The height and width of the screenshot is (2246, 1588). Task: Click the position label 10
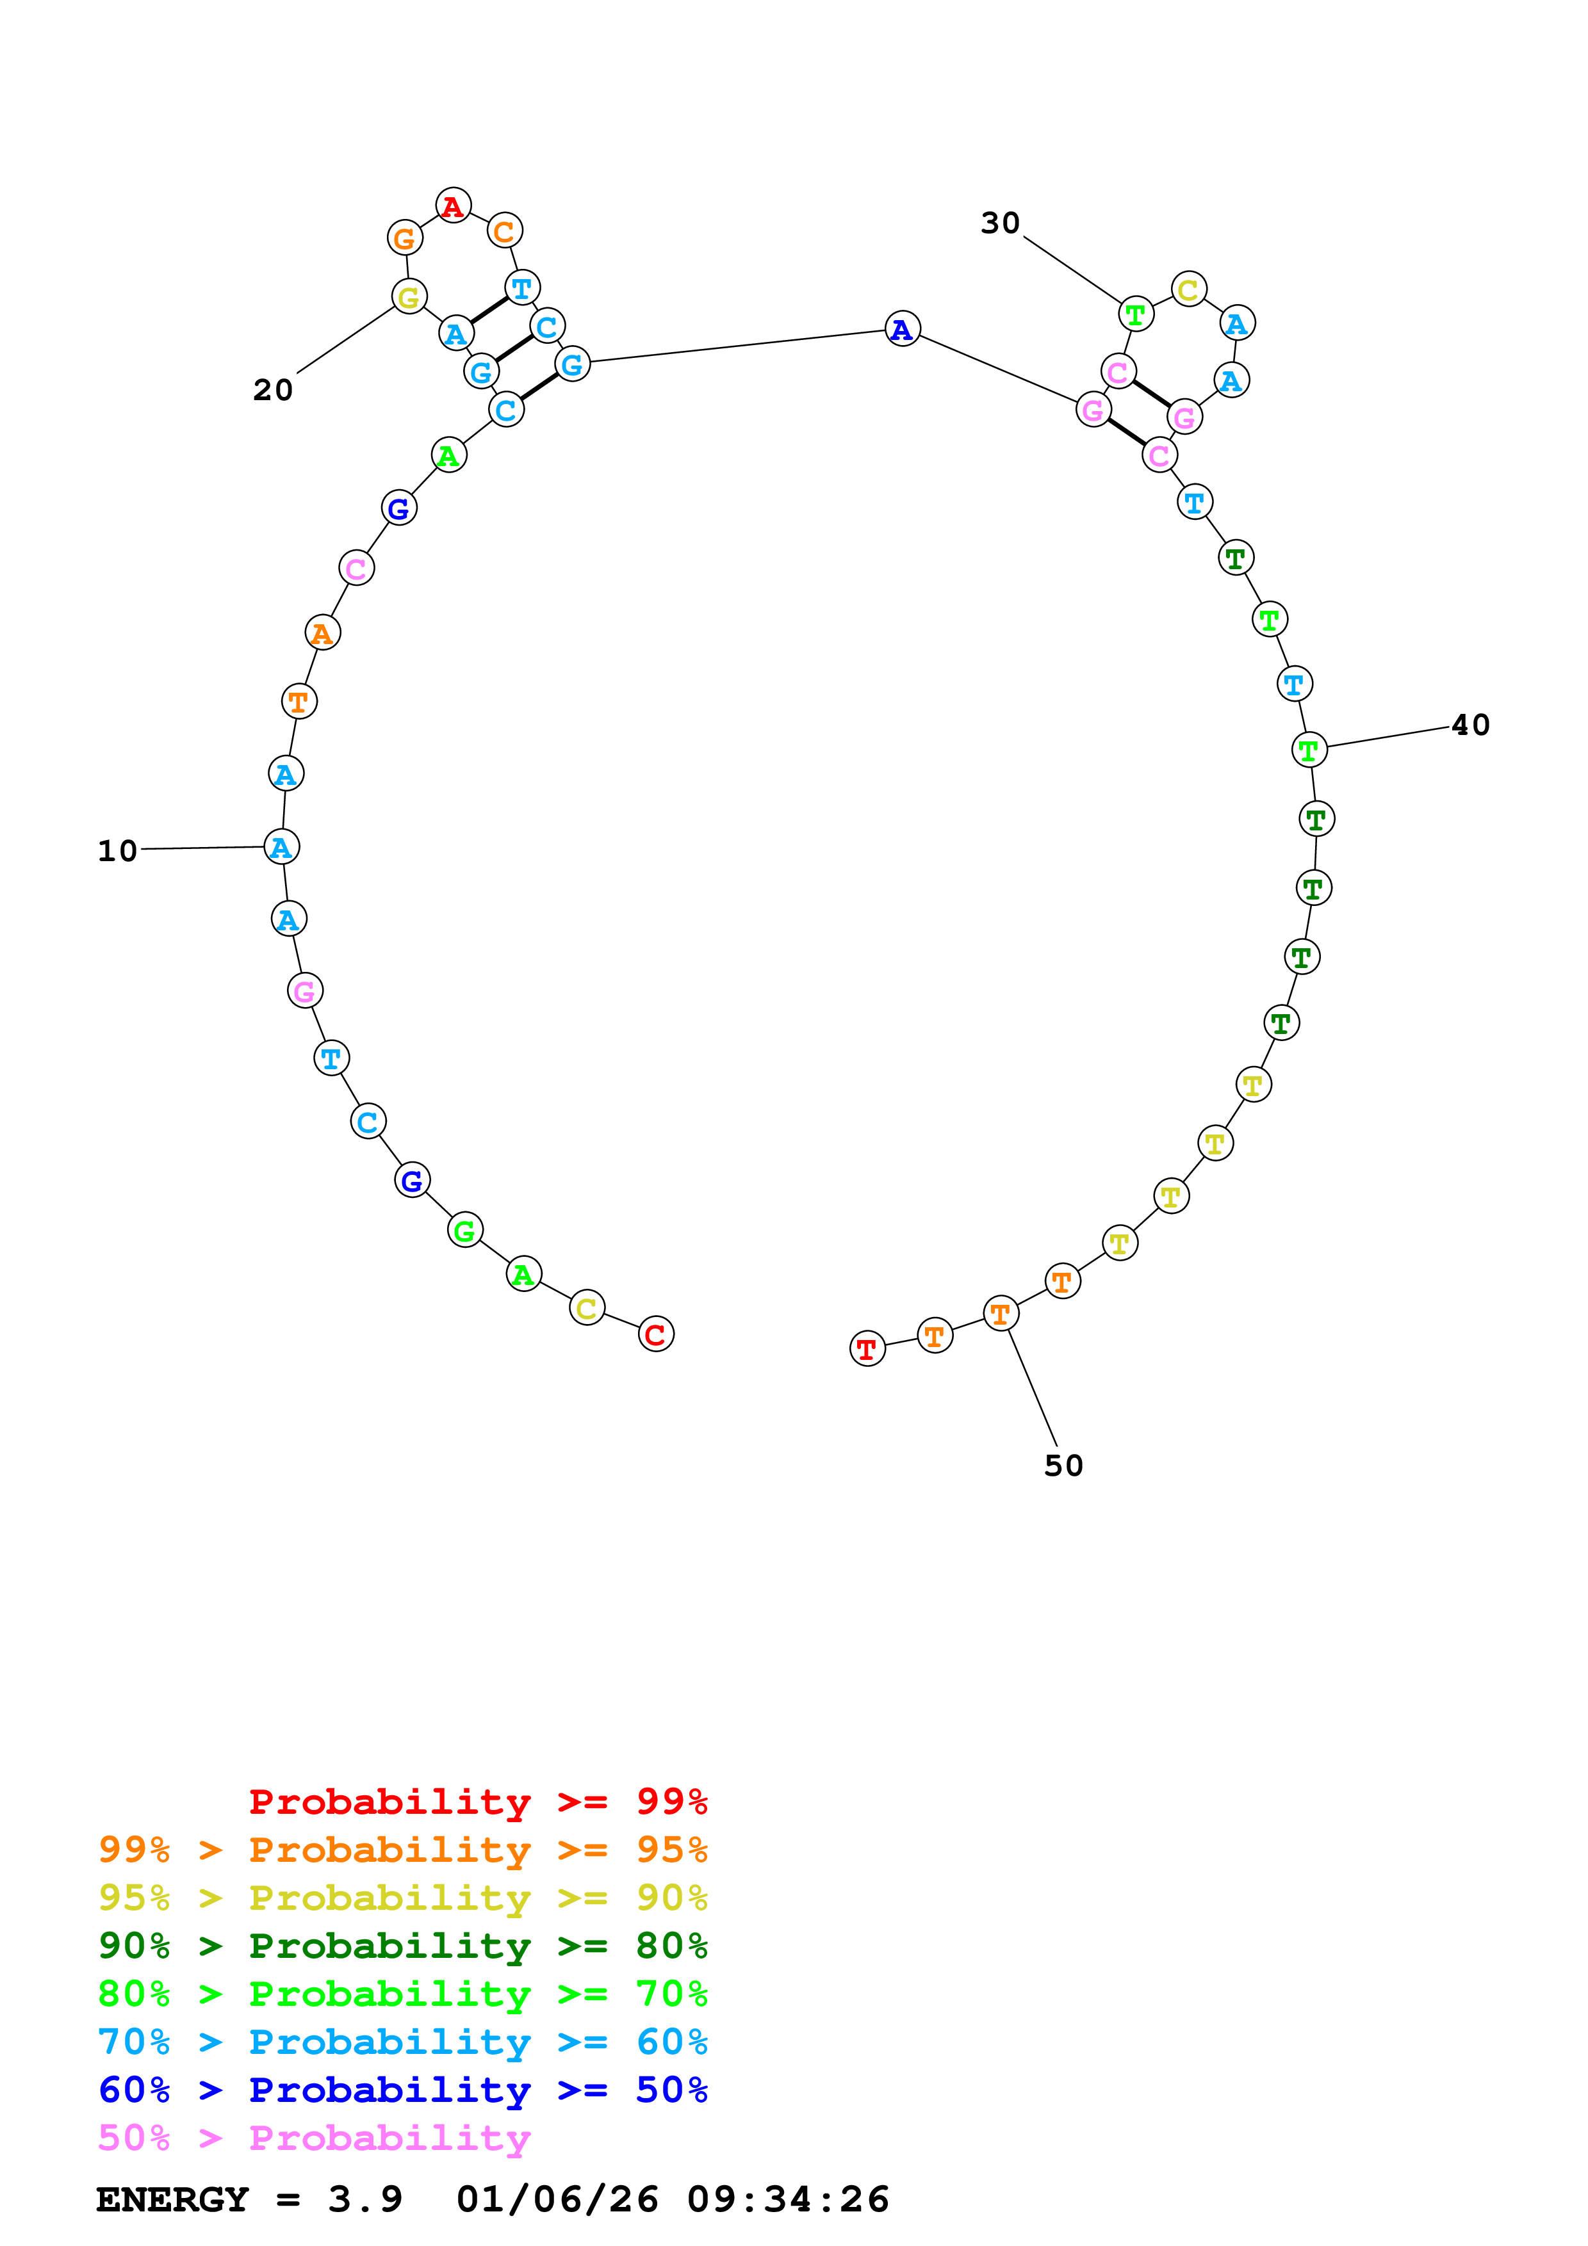[117, 851]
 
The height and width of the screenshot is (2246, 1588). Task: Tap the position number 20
[273, 391]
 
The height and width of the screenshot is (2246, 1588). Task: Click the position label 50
[1063, 1466]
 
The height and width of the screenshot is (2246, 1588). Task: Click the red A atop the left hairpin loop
[453, 206]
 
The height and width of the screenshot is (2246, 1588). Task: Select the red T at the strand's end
[867, 1349]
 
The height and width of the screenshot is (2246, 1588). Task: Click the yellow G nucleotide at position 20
[409, 296]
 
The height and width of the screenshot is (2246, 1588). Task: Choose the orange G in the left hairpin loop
[404, 238]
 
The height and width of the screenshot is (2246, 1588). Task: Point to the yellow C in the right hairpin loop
[1188, 289]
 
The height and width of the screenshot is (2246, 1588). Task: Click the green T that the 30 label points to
[1136, 314]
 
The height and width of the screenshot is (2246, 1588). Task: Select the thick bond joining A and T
[489, 310]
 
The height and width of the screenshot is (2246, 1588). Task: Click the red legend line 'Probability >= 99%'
[477, 1802]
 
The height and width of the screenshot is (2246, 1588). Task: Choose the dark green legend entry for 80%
[402, 1946]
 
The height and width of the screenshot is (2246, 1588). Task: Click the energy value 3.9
[365, 2199]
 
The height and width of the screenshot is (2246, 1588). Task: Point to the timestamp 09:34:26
[788, 2199]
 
